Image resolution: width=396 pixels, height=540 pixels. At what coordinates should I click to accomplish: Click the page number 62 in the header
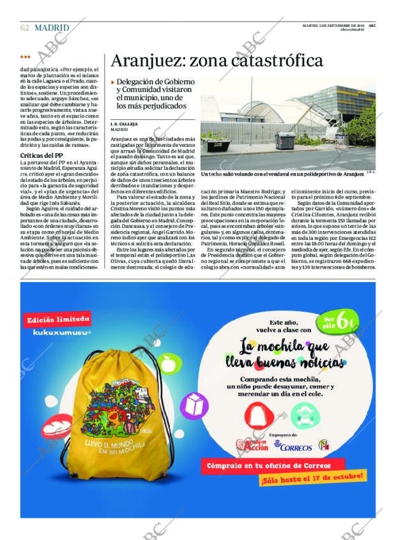coord(24,27)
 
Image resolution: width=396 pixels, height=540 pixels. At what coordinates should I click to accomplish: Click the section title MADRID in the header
coord(52,27)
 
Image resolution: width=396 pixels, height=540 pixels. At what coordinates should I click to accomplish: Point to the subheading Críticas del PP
coord(42,155)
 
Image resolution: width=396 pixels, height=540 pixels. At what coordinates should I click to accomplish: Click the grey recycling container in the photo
coord(284,141)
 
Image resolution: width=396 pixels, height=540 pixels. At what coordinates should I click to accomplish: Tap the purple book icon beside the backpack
coord(193,403)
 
